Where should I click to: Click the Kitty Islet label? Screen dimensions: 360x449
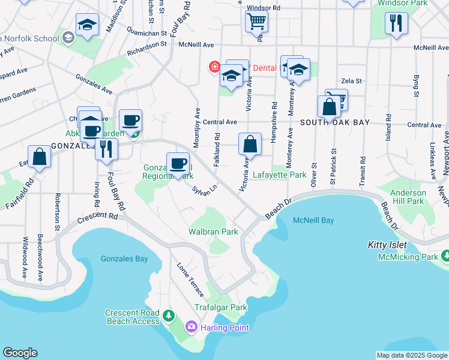click(x=387, y=245)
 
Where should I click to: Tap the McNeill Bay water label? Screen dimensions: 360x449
click(x=313, y=220)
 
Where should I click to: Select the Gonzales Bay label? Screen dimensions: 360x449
click(x=124, y=259)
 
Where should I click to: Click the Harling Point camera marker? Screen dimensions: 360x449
click(x=191, y=327)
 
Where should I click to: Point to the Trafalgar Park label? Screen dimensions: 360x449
click(x=221, y=307)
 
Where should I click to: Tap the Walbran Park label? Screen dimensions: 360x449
click(x=213, y=232)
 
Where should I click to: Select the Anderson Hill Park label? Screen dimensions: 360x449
click(x=408, y=197)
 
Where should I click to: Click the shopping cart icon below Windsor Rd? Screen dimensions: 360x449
click(x=256, y=22)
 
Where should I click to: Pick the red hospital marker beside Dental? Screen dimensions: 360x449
click(x=214, y=67)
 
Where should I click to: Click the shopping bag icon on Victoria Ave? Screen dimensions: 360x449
click(x=250, y=144)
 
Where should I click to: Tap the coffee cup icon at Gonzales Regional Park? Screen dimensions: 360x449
click(x=178, y=164)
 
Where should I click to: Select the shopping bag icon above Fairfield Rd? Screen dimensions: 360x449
click(x=40, y=157)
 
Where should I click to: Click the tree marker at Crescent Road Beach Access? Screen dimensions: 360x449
click(x=169, y=315)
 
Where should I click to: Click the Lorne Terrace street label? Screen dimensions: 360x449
click(x=190, y=280)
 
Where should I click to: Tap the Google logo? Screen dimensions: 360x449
click(x=20, y=353)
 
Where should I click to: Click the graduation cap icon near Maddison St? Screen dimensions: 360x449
click(x=88, y=25)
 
